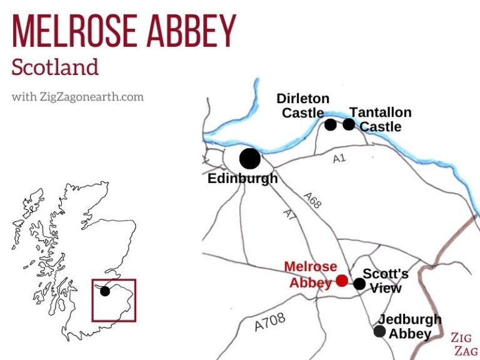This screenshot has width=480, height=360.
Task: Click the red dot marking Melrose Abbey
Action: point(342,280)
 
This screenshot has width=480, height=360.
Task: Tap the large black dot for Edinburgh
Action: point(249,158)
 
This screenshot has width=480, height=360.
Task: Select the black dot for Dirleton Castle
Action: point(331,124)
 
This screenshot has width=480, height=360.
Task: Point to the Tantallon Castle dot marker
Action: point(349,124)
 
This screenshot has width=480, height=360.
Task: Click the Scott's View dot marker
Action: point(359,284)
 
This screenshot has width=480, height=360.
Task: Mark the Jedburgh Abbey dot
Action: point(379,331)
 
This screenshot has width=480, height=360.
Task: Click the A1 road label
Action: point(339,159)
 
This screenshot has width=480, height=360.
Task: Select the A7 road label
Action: point(288,214)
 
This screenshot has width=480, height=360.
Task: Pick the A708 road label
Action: point(270,322)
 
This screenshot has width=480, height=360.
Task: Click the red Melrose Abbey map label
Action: point(311,274)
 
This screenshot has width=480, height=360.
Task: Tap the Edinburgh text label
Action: point(242,179)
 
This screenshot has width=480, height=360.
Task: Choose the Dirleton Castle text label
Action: point(303,106)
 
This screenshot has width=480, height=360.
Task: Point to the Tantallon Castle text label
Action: point(380,119)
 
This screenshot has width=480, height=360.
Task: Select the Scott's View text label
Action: point(386,281)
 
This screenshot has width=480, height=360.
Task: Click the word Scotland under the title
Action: point(55,67)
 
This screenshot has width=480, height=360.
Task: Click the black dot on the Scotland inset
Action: point(105,291)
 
